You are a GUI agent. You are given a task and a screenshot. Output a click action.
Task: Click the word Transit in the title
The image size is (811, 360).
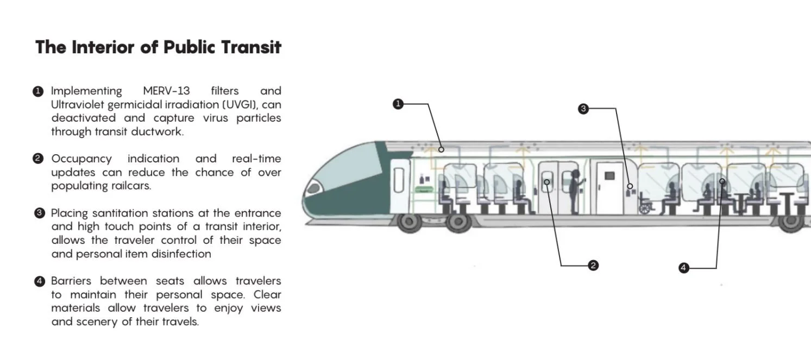(x=251, y=47)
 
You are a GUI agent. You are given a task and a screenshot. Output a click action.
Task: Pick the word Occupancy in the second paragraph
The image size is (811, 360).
(x=81, y=159)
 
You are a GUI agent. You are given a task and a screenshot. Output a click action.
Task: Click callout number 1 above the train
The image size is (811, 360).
(x=398, y=104)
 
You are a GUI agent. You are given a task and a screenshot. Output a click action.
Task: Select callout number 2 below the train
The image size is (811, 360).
(x=593, y=265)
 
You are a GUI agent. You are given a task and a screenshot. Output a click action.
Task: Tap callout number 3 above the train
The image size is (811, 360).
(x=583, y=109)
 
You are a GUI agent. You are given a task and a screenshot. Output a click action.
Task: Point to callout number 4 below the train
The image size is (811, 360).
(x=684, y=268)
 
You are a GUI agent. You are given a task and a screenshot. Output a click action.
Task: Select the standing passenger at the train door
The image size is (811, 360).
(x=574, y=191)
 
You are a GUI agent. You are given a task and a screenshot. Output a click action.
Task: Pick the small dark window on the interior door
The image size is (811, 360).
(x=609, y=176)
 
